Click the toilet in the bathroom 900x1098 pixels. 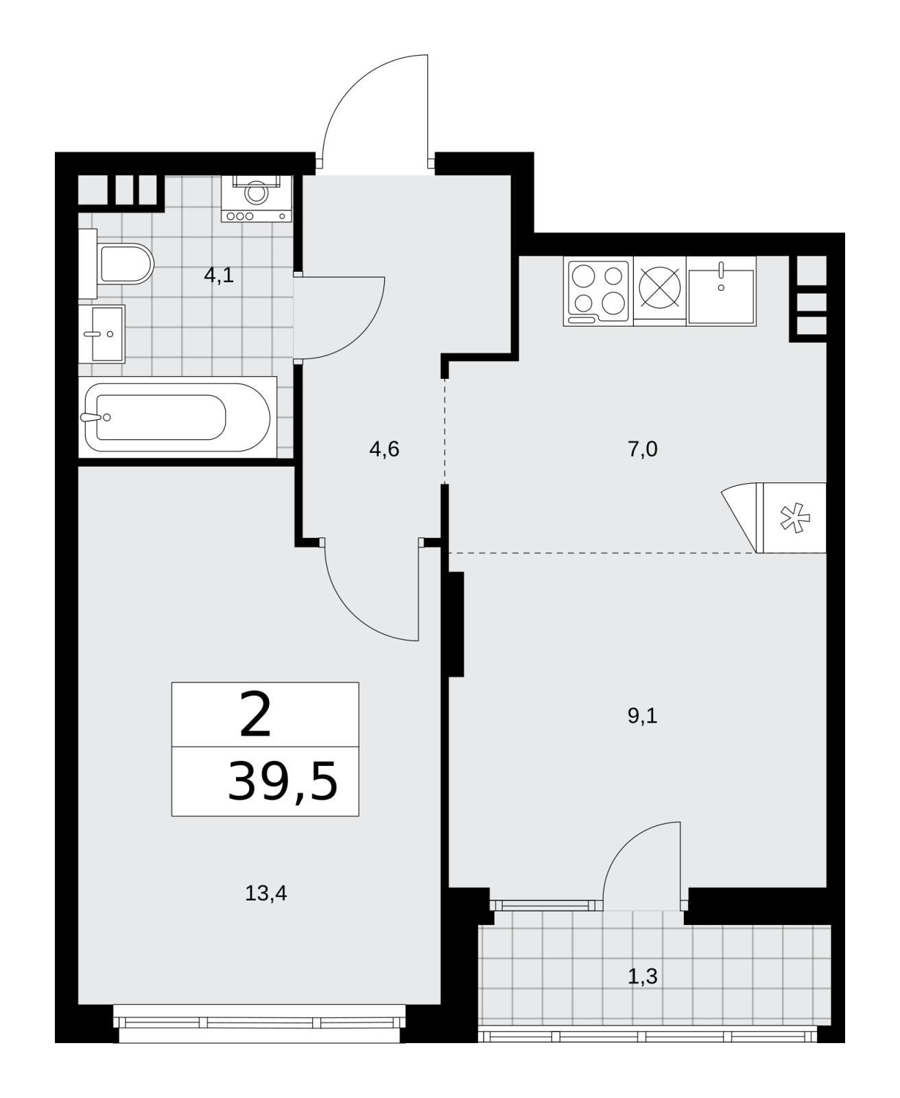coord(117,264)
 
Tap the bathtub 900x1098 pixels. coord(178,417)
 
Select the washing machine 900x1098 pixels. coord(257,198)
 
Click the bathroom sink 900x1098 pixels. coord(102,334)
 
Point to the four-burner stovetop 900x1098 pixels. coord(598,291)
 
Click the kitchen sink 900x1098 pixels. coord(721,291)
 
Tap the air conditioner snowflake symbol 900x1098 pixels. coord(795,518)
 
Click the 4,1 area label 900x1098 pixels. coord(219,275)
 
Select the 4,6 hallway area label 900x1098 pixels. coord(384,449)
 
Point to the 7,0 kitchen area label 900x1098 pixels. coord(643,449)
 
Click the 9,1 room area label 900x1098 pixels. coord(643,716)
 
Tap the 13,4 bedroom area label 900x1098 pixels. coord(266,893)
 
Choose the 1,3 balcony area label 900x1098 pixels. coord(643,977)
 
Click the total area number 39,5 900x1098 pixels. coord(283,782)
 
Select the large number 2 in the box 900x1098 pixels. coord(256,714)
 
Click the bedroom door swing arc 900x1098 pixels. coord(353,614)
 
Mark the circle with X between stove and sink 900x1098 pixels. coord(659,288)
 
